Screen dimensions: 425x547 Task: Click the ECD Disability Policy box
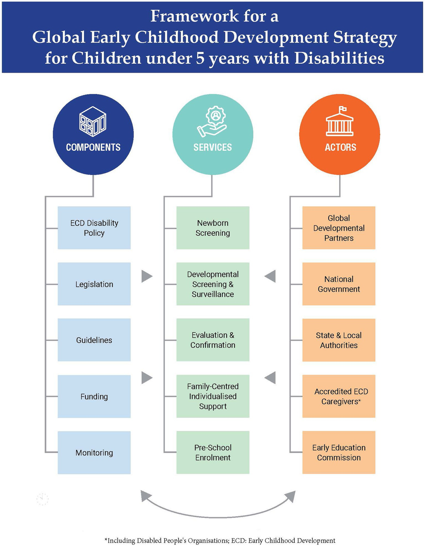click(94, 228)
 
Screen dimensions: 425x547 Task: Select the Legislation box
click(94, 284)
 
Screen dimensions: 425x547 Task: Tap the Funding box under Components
click(94, 396)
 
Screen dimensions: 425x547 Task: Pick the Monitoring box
click(94, 453)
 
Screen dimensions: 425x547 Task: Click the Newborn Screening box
click(213, 228)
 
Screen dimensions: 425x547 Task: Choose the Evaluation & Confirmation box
click(213, 340)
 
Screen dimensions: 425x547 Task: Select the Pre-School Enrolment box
click(213, 452)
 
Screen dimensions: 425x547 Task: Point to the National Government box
click(339, 284)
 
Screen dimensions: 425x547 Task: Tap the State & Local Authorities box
click(339, 340)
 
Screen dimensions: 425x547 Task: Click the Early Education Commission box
click(339, 452)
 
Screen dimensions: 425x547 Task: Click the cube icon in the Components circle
click(93, 122)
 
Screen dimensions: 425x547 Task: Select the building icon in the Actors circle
click(340, 121)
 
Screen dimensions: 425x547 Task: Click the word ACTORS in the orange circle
click(340, 147)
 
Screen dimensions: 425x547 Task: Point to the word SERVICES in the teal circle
click(212, 147)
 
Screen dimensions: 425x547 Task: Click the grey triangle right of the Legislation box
click(147, 277)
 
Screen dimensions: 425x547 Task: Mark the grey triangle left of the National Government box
click(270, 277)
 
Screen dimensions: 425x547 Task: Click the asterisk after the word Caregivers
click(359, 400)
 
